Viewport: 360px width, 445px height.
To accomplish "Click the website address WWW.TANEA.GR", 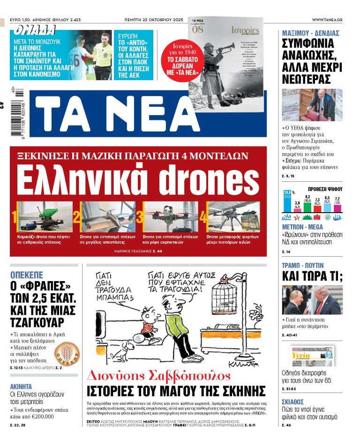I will [x=327, y=20].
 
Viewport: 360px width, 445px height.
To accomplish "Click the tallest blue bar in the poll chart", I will [x=287, y=200].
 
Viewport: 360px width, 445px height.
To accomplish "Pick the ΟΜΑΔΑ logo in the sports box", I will [x=34, y=30].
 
